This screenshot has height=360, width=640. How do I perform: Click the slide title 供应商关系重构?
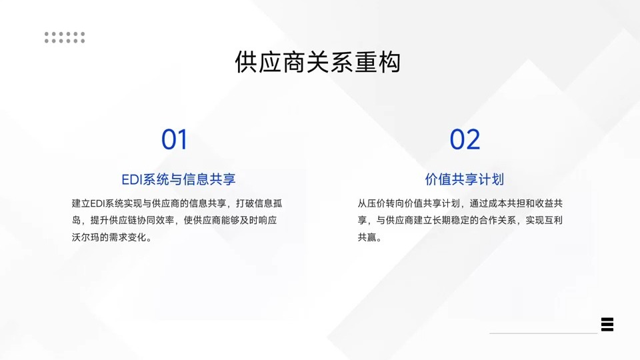318,63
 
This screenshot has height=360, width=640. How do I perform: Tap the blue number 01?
175,140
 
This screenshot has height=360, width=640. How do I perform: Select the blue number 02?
465,140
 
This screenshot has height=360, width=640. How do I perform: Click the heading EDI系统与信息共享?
179,179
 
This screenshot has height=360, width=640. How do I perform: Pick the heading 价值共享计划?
464,179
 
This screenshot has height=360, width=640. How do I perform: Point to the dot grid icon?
65,37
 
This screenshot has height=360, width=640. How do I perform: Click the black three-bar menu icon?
607,325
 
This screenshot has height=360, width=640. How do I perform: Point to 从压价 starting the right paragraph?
371,203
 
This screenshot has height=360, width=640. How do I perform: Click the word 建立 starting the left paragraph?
80,203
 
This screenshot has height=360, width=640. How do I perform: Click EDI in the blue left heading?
132,179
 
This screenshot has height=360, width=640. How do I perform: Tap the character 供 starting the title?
246,63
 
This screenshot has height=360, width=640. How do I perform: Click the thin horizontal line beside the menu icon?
543,333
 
